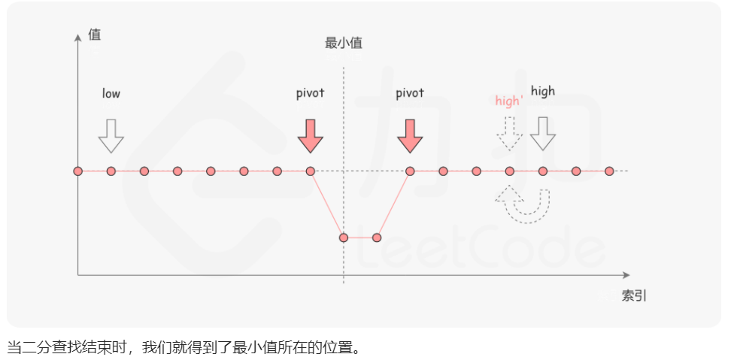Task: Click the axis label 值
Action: point(94,35)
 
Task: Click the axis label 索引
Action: point(634,295)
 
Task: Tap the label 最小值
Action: point(344,43)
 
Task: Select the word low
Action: point(111,93)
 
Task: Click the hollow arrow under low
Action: point(111,135)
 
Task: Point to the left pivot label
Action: point(310,93)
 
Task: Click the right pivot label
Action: point(410,93)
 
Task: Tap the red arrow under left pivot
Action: point(310,135)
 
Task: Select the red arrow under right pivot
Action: point(410,135)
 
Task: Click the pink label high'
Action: point(509,101)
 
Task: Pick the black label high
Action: point(542,91)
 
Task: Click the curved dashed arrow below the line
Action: point(523,203)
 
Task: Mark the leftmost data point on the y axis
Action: point(77,171)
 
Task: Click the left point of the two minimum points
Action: point(344,237)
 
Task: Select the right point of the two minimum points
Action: point(377,237)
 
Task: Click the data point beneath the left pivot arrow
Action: point(310,171)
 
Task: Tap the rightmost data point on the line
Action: point(609,171)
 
